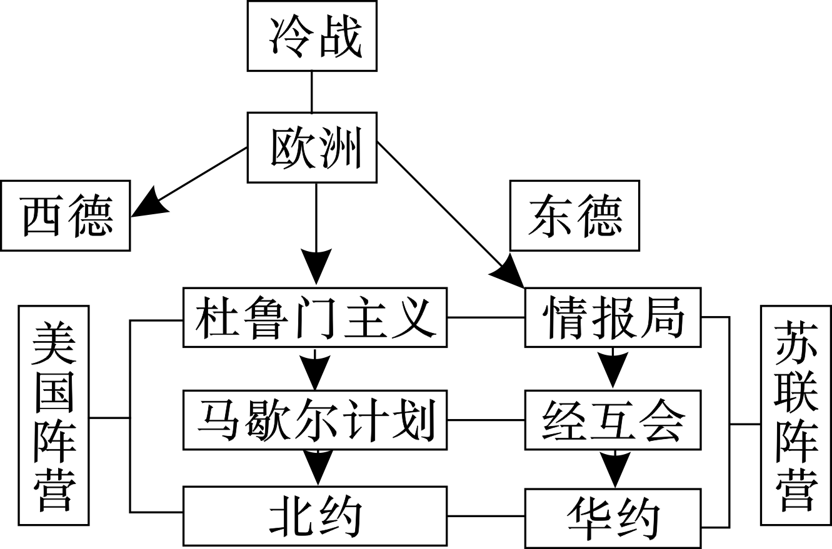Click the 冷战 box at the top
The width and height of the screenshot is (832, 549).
click(x=312, y=36)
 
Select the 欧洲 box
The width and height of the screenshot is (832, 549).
click(x=312, y=147)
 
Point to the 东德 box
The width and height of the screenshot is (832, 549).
click(x=574, y=215)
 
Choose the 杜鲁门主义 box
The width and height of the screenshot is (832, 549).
click(x=314, y=317)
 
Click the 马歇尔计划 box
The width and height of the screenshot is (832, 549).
click(x=314, y=420)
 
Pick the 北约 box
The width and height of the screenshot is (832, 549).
click(x=314, y=517)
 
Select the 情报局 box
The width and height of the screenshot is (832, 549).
click(x=613, y=317)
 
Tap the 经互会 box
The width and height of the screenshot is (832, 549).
click(x=613, y=420)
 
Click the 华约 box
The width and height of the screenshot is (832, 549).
click(x=613, y=518)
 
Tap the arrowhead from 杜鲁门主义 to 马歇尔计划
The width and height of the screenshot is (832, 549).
click(x=316, y=373)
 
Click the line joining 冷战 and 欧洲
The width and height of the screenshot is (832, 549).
click(x=311, y=92)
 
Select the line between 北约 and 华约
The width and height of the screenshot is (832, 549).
click(x=486, y=517)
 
